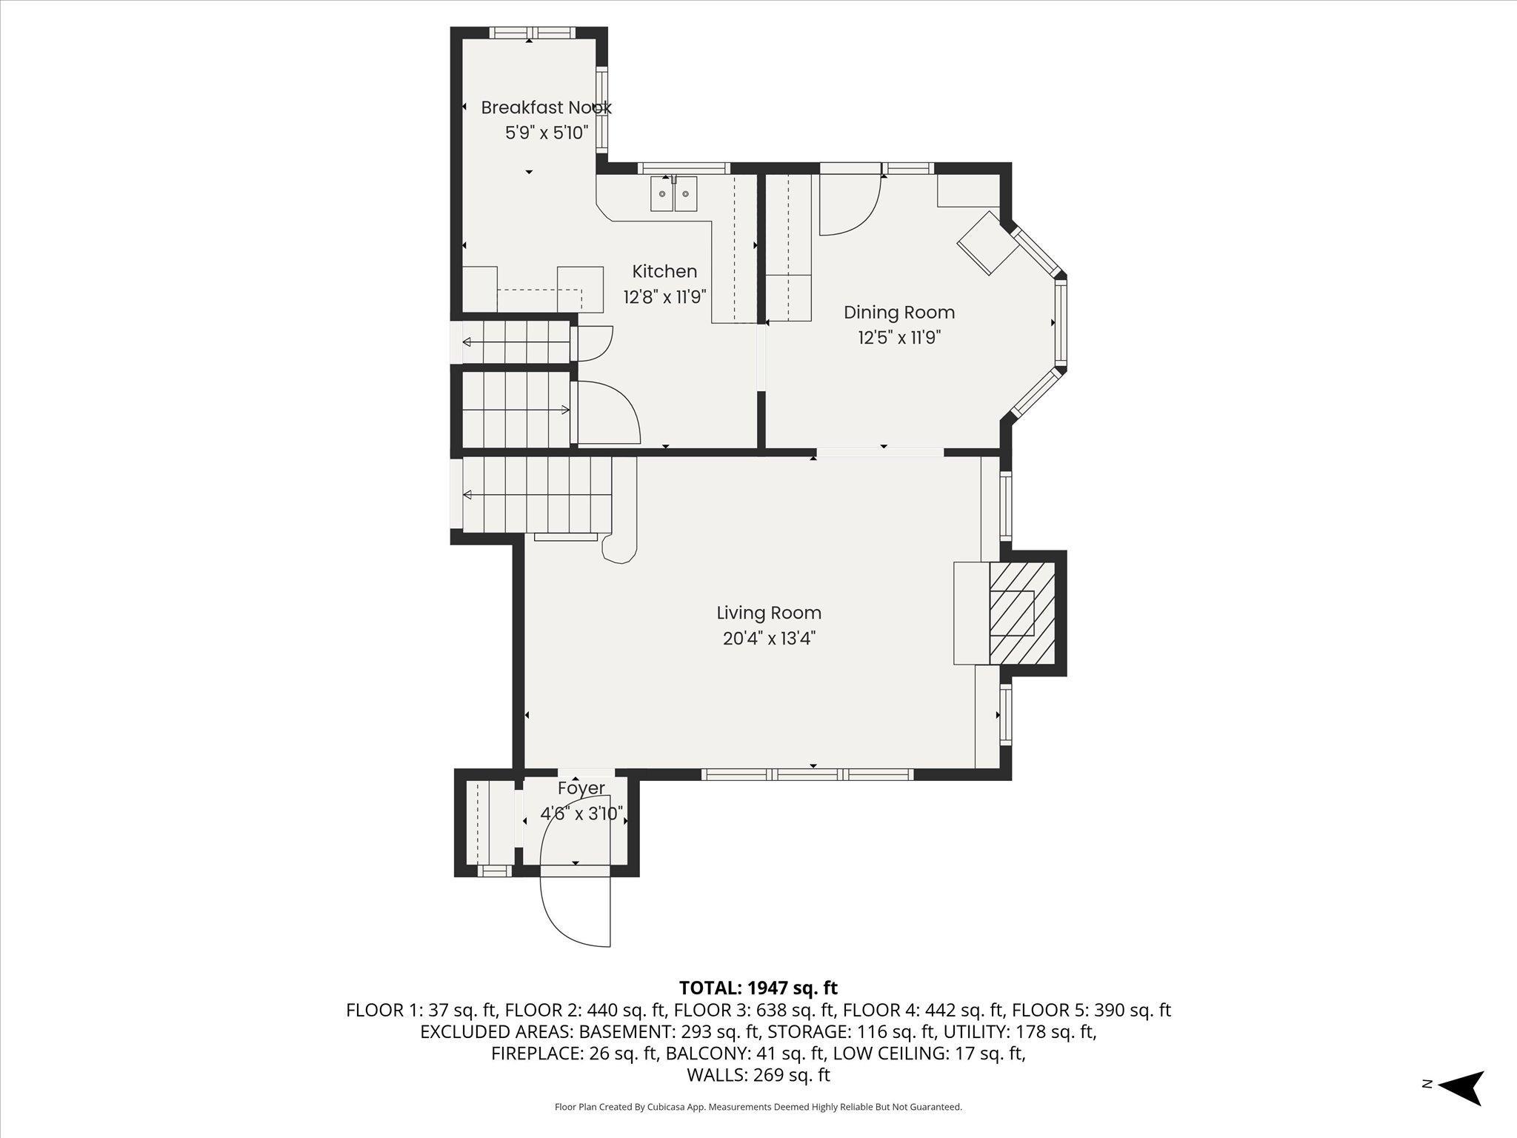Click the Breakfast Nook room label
tap(547, 107)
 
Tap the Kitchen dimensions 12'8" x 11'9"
tap(664, 297)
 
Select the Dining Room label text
tap(899, 313)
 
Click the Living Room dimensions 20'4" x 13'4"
tap(769, 638)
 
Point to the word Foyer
tap(581, 788)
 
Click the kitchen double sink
tap(674, 194)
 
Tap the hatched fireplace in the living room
tap(1023, 613)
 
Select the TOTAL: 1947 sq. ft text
tap(758, 988)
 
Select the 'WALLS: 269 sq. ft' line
tap(758, 1075)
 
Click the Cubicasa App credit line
tap(758, 1107)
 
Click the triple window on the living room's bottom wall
tap(807, 774)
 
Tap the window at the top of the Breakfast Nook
tap(530, 33)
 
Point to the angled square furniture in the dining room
tap(988, 242)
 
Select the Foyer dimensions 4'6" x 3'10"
tap(581, 813)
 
